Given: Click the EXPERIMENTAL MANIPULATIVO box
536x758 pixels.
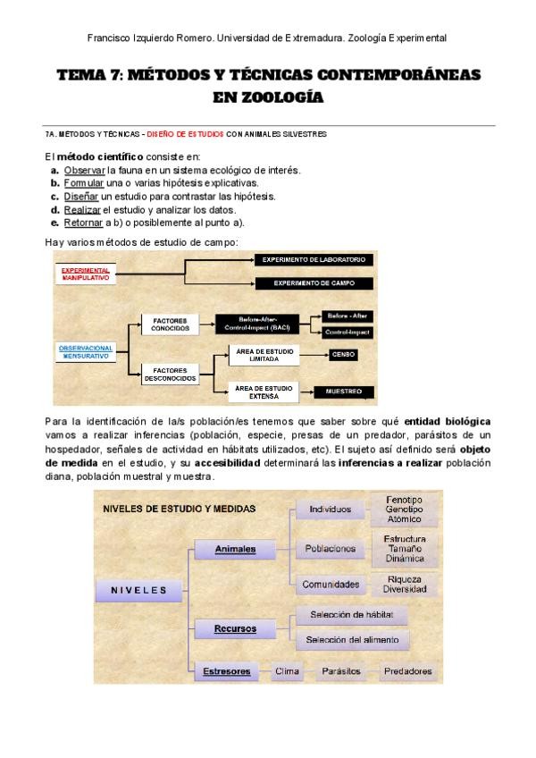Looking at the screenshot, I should pos(86,274).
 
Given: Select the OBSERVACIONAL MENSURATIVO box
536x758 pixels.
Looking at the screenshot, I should pos(86,350).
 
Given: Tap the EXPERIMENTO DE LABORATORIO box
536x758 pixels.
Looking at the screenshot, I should pos(312,259).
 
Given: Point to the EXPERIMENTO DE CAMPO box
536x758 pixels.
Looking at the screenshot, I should pos(312,283).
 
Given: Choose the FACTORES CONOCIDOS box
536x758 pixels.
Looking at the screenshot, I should pos(170,324).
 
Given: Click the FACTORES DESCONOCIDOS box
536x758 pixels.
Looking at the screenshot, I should pos(170,375).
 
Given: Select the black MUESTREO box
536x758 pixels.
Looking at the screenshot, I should pos(342,392).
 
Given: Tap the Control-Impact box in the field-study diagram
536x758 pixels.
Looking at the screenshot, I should pos(349,332).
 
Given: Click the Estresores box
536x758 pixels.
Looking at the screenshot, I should pos(226,670).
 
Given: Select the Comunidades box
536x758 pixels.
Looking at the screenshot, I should pos(331,585).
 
